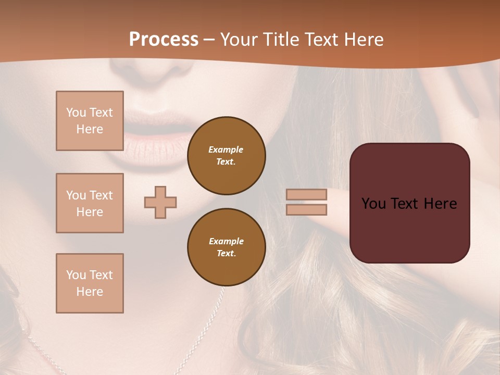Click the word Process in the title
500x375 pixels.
coord(164,39)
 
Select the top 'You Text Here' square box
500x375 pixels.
coord(90,121)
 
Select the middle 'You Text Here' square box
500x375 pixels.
coord(90,203)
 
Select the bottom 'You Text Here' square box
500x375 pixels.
coord(90,283)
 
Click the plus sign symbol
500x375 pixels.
coord(160,202)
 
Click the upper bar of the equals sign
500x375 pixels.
coord(306,194)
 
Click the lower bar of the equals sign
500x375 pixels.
coord(306,209)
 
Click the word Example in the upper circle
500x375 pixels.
coord(226,149)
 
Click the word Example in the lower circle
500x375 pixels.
coord(226,241)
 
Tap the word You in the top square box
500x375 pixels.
coord(76,113)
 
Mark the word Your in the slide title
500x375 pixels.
coord(240,39)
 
